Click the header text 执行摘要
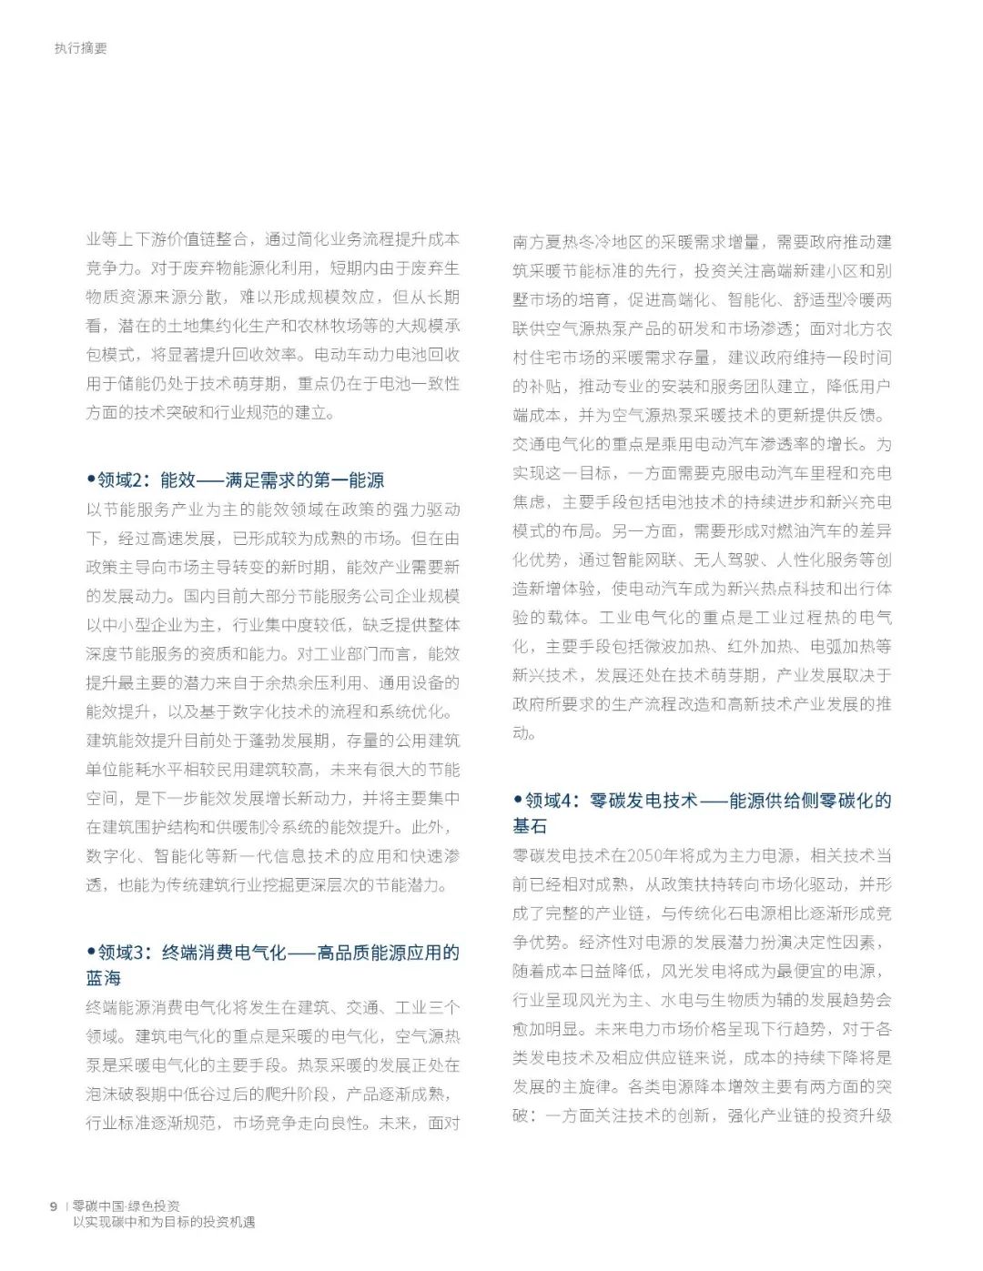click(x=80, y=48)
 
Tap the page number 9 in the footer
click(x=54, y=1205)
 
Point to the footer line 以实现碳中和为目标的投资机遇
click(x=164, y=1222)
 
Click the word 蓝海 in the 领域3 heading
click(x=104, y=978)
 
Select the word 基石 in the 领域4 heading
click(x=530, y=825)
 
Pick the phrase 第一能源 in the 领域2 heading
click(x=351, y=479)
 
